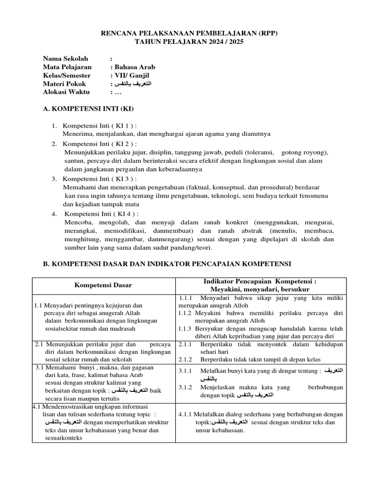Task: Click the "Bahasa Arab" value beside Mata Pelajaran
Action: [x=134, y=67]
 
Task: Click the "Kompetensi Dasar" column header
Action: [x=103, y=285]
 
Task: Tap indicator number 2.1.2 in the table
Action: [x=185, y=359]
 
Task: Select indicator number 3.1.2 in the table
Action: [x=185, y=387]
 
